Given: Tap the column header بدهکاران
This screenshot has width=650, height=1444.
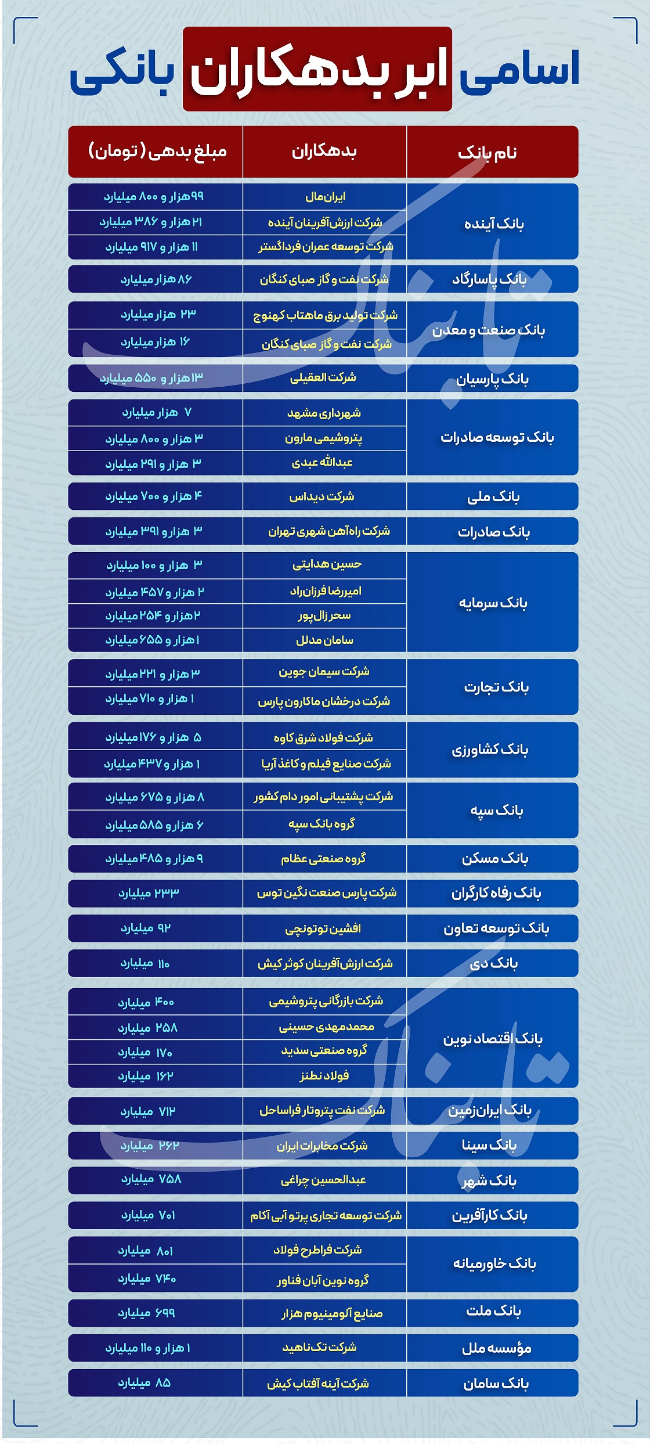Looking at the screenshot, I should point(324,152).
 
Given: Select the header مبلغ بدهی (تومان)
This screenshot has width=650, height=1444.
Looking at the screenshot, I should point(157,152).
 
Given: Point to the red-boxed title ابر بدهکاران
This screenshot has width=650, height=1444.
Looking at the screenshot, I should point(317,69).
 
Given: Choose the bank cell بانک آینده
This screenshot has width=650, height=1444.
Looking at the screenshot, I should point(493,224).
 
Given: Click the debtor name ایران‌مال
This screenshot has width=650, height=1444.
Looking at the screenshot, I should point(325,197).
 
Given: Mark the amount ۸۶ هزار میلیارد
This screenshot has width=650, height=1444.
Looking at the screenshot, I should point(156,279).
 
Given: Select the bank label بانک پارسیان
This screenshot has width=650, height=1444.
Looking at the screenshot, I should point(492,379).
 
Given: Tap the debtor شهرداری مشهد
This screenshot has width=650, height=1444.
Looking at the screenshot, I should point(324,413).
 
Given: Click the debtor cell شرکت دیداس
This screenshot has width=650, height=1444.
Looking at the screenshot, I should point(322,496).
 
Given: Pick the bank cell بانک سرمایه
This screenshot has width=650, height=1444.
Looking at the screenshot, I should point(493,603).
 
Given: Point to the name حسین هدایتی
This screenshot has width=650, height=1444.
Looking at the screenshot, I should point(327,564).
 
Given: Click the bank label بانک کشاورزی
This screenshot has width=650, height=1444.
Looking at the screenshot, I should point(490,750).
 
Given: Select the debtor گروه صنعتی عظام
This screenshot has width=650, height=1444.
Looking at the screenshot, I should point(323,858).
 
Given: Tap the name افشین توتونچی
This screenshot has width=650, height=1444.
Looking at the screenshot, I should point(323,928).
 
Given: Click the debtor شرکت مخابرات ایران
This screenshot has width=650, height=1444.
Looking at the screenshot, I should point(322,1146).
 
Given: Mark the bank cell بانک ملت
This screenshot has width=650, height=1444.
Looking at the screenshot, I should point(493,1311).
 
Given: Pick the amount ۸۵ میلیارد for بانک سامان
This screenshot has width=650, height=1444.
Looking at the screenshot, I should point(145,1383).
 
